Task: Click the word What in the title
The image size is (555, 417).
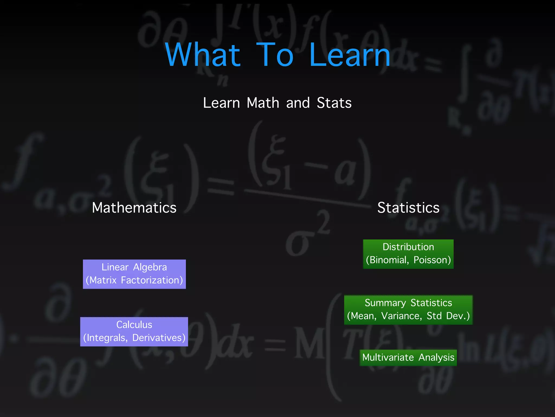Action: (x=203, y=55)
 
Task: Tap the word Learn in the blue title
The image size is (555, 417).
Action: (x=350, y=55)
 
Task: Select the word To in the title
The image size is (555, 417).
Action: (x=275, y=55)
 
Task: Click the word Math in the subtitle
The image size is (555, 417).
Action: (x=263, y=103)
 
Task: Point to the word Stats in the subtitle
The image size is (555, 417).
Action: (x=334, y=103)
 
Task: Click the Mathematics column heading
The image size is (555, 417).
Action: (x=134, y=208)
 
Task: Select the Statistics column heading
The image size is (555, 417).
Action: (x=408, y=208)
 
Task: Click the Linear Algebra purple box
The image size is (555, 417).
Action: (x=134, y=274)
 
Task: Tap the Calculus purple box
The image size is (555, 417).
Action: (x=134, y=331)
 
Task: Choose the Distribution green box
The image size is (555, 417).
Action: (x=408, y=254)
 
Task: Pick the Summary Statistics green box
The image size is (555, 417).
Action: (x=408, y=310)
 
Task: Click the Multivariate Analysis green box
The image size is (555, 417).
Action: (x=408, y=358)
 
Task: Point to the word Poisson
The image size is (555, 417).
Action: (x=432, y=260)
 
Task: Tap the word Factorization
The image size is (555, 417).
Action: (x=152, y=280)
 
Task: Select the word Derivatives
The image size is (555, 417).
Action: (x=159, y=338)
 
